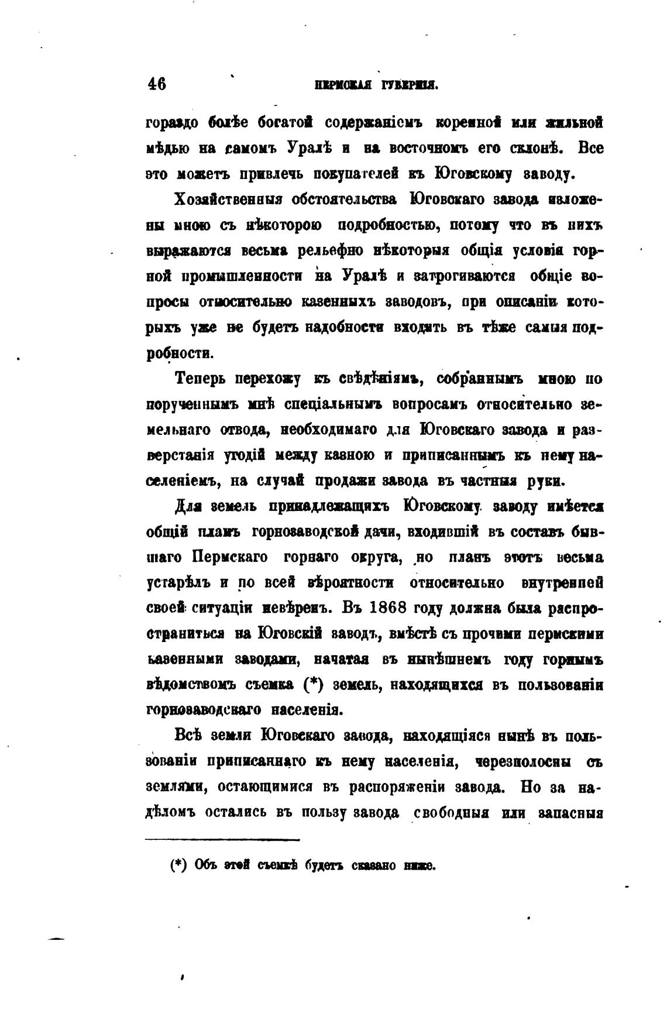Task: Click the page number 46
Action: click(157, 84)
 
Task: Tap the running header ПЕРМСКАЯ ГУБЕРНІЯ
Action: click(376, 85)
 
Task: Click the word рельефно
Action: click(331, 250)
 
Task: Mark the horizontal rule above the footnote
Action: click(222, 840)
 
